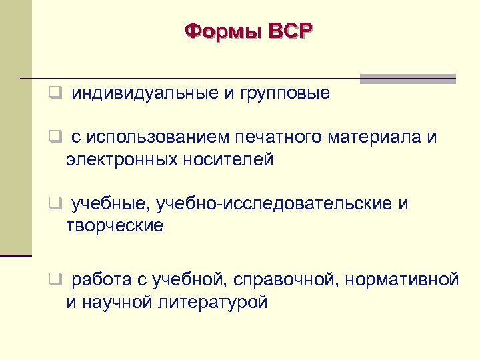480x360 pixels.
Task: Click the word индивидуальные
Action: tap(145, 93)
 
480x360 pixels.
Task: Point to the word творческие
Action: tap(114, 225)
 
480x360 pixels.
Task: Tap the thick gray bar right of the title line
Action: tap(407, 78)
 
